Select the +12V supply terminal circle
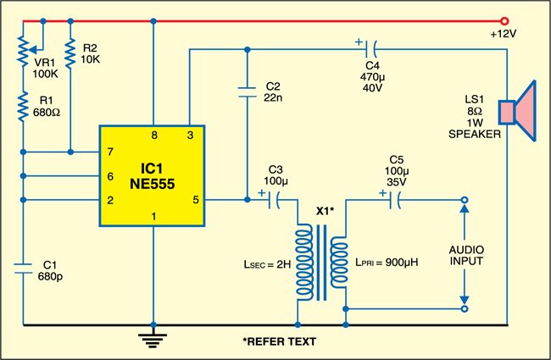point(506,20)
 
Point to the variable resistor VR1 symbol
point(23,53)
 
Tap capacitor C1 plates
point(23,269)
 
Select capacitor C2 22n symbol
point(246,91)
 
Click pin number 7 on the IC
point(110,152)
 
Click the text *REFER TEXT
point(279,342)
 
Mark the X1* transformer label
point(326,210)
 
